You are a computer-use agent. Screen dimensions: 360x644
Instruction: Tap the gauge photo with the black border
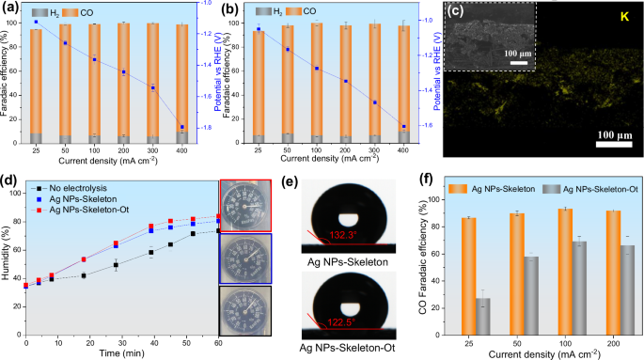click(245, 310)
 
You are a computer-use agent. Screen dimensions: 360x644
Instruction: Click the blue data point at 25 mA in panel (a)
click(36, 22)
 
